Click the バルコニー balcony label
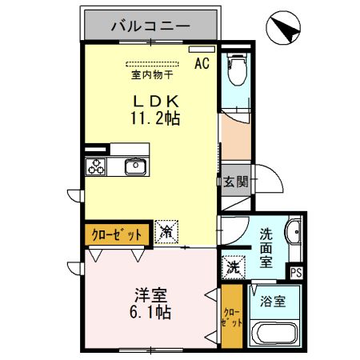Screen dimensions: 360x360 coord(150,26)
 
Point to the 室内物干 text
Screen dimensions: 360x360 coord(153,76)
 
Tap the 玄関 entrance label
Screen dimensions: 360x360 coord(236,182)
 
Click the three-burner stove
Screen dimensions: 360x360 coord(97,167)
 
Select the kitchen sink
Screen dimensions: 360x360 coord(134,167)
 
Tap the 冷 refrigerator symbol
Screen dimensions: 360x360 coord(167,233)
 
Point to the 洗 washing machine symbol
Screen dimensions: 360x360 coord(234,265)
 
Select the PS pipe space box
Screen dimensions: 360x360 coord(296,272)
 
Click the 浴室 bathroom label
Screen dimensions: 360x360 coord(274,302)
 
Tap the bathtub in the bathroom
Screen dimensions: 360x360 coord(274,335)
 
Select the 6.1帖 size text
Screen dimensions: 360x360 coord(151,311)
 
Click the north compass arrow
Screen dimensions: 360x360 coord(287,30)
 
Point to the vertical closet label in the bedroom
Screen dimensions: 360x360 coord(230,319)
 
